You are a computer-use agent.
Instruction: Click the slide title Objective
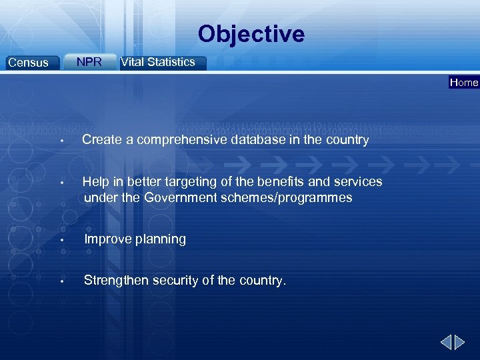point(251,34)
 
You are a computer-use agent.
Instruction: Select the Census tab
point(28,63)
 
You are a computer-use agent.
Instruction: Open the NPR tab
point(89,62)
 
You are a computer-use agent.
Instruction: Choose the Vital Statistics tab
point(158,62)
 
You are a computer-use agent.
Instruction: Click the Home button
point(464,83)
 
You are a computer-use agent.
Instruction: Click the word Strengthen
point(116,281)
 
